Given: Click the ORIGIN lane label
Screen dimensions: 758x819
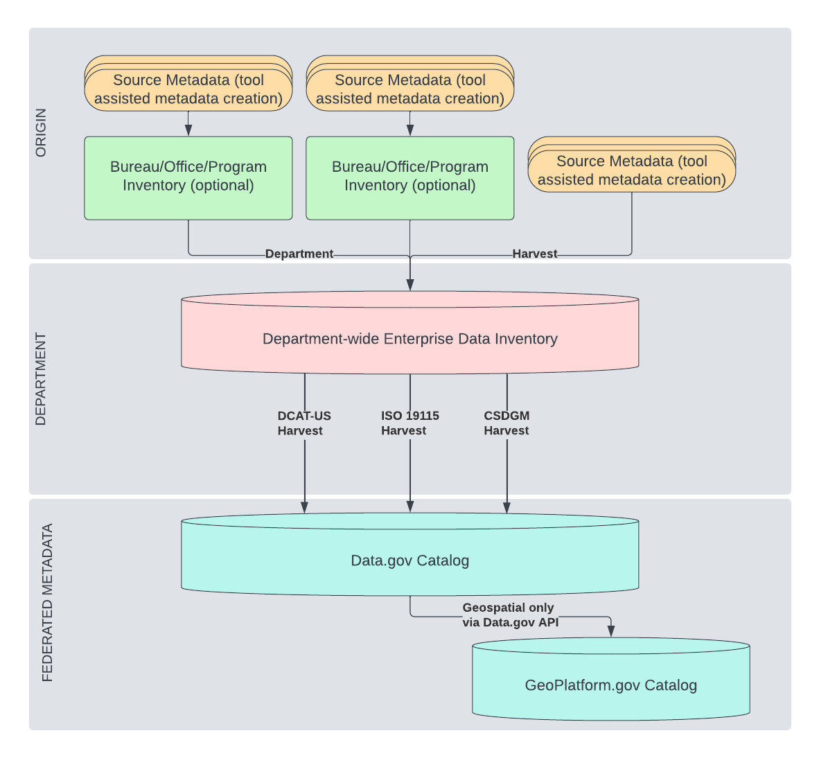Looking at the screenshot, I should click(x=41, y=132).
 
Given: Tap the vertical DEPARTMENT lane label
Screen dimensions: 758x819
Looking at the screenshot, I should click(x=41, y=379).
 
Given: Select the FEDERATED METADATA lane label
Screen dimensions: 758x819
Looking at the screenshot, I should click(x=47, y=603).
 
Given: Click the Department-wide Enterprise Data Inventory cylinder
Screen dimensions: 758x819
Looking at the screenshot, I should click(x=409, y=339).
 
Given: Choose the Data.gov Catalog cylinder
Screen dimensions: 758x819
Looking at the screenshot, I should click(x=409, y=561).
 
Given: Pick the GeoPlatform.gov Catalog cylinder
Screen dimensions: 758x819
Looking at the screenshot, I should click(x=610, y=685).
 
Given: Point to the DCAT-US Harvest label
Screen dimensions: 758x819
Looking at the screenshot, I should click(x=304, y=423).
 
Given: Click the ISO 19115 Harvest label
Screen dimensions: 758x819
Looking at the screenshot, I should click(x=409, y=423).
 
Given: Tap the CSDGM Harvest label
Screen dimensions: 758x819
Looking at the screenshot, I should click(x=507, y=423).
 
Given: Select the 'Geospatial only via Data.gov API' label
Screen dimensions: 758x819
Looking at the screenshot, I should click(x=510, y=615).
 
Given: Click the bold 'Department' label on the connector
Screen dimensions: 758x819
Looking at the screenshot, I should click(x=299, y=254).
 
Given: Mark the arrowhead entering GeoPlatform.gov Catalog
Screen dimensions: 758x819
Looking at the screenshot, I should click(x=611, y=631).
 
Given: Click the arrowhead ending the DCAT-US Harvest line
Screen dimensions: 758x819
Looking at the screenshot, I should click(x=305, y=507).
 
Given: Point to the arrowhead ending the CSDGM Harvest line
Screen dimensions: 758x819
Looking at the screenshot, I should click(x=507, y=507).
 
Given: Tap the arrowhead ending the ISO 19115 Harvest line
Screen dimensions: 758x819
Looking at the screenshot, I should click(x=410, y=507).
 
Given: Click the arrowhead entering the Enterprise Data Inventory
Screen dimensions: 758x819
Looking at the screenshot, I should click(x=410, y=285).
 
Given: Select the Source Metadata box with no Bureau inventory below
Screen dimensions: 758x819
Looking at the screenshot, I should click(x=631, y=170).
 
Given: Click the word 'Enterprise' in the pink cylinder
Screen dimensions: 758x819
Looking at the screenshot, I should click(x=418, y=339).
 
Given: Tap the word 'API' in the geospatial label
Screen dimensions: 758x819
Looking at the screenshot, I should click(x=548, y=622).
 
